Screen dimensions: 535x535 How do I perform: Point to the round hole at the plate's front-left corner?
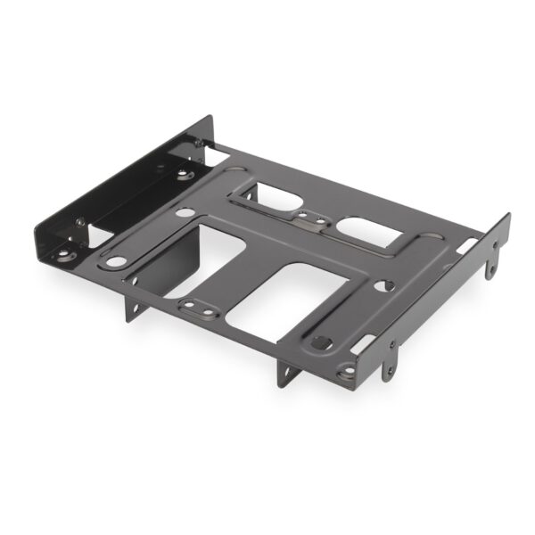(116, 262)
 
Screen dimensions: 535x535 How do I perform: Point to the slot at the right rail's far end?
(467, 243)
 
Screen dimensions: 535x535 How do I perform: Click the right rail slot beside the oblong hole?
(363, 342)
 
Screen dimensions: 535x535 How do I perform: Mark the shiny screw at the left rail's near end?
(79, 222)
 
